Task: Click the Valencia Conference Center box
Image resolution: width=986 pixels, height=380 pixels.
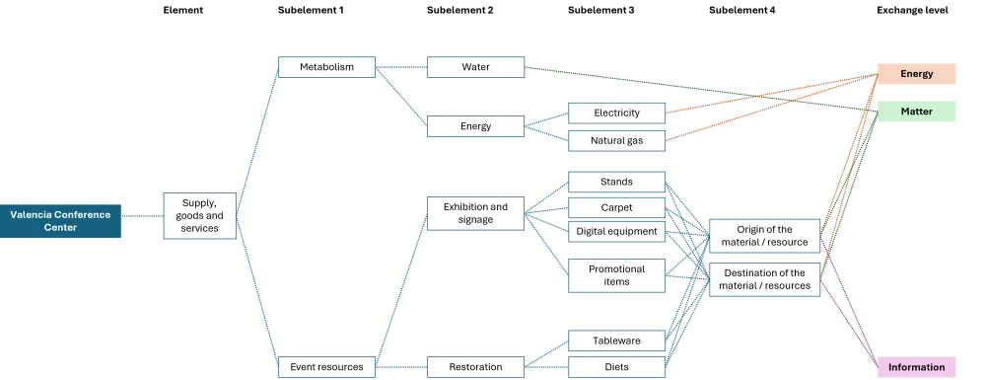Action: (62, 220)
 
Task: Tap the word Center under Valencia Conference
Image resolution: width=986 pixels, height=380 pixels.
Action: (61, 228)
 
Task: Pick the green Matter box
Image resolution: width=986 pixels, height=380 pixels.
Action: (917, 112)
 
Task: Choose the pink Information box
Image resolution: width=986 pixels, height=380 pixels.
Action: (917, 367)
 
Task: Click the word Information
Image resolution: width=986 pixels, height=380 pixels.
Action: (917, 367)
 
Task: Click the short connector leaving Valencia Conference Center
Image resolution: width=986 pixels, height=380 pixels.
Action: (143, 216)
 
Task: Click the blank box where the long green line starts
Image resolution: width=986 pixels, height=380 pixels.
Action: (476, 67)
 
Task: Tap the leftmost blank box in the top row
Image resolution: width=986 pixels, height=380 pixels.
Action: (326, 67)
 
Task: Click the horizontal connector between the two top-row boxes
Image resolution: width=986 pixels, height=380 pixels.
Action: (402, 67)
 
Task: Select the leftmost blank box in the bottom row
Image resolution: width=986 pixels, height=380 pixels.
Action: (326, 366)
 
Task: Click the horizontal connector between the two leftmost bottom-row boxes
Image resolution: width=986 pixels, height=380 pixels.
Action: (402, 366)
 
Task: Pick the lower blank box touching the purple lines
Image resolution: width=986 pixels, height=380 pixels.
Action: (766, 280)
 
